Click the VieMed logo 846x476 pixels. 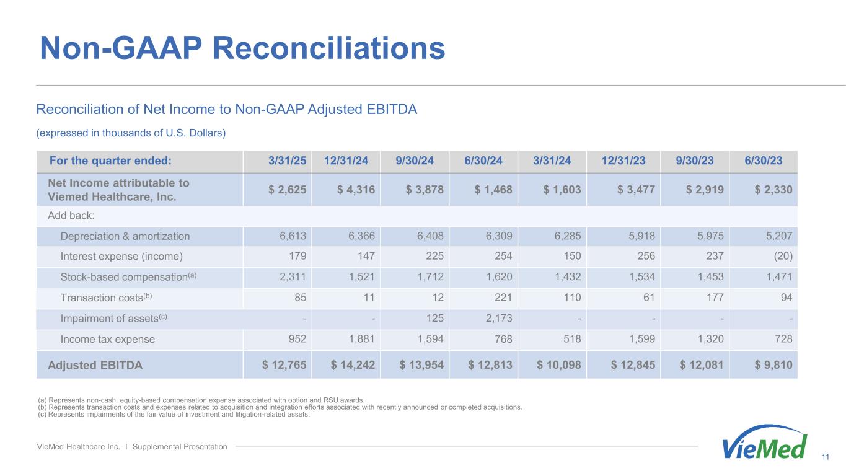(765, 444)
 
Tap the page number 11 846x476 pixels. (825, 457)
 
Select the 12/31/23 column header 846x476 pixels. (623, 161)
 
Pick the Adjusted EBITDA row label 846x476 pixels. (95, 365)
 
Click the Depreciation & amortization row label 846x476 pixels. (125, 236)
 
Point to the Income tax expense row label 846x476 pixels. (108, 339)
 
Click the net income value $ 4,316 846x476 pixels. (356, 190)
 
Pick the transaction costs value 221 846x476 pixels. (502, 297)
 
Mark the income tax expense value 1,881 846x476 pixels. (361, 339)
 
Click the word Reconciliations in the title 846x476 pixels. (329, 48)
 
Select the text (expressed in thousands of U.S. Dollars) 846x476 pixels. (131, 133)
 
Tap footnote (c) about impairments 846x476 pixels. (174, 415)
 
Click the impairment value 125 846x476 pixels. (435, 319)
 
